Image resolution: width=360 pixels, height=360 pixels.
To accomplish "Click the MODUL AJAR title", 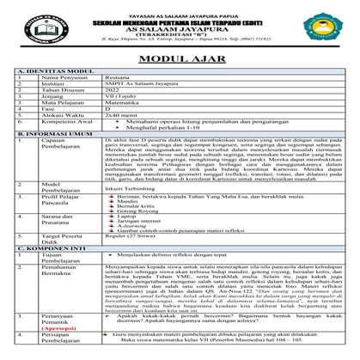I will pyautogui.click(x=180, y=58).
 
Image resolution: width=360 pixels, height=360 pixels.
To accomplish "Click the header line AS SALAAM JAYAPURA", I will pyautogui.click(x=180, y=27).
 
